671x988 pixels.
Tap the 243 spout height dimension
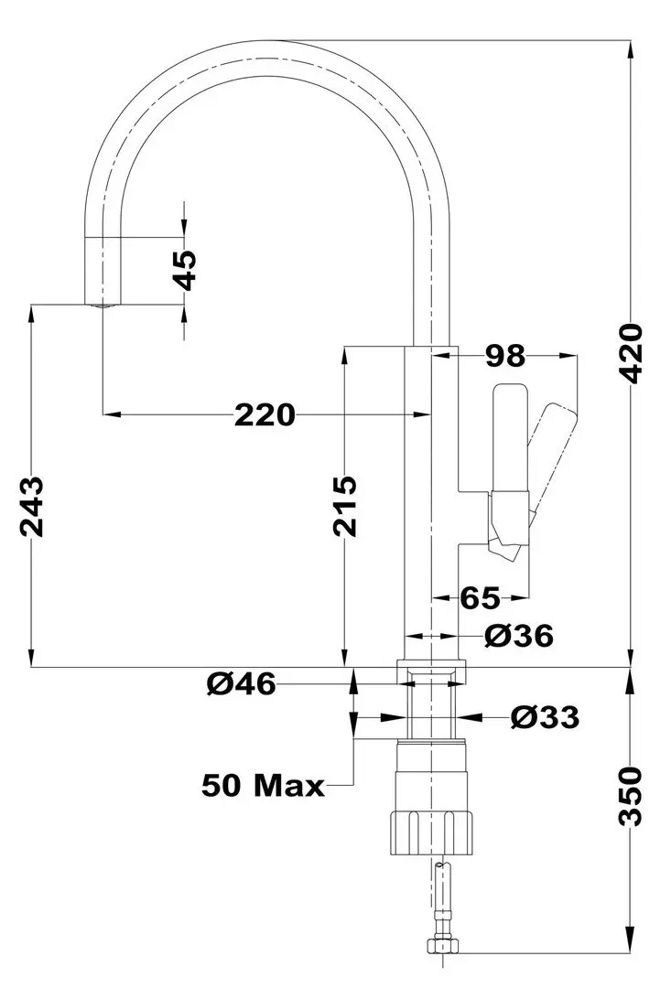(x=32, y=506)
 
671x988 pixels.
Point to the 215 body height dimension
(x=344, y=506)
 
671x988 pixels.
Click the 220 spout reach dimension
(x=265, y=415)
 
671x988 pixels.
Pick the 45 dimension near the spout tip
(x=185, y=270)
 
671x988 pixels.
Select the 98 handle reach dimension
(x=505, y=353)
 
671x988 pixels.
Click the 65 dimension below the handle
(x=480, y=598)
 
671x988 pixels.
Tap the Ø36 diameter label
(x=519, y=636)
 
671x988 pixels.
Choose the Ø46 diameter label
(x=241, y=683)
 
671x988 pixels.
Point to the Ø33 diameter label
(x=545, y=718)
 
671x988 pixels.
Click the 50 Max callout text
(x=264, y=784)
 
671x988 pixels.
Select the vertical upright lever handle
(x=509, y=439)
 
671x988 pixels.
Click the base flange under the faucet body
(x=430, y=671)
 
